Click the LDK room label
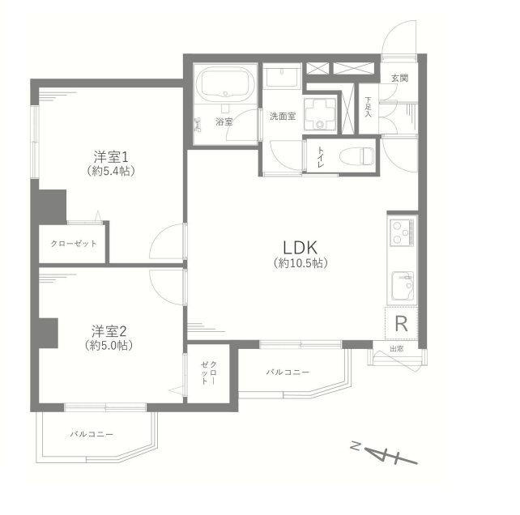coord(300,247)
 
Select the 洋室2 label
coord(109,331)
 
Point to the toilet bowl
coord(356,155)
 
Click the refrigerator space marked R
coord(401,323)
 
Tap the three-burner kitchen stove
coord(402,232)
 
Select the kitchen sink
coord(403,286)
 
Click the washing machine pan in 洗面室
coord(320,114)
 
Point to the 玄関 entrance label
coord(399,79)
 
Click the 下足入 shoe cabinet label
coord(368,107)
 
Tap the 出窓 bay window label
coord(397,349)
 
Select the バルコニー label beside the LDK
coord(288,372)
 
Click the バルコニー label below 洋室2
coord(92,434)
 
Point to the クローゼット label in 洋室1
coord(74,244)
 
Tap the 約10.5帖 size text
coord(300,263)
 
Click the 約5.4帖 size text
coord(111,171)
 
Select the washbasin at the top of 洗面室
coord(282,77)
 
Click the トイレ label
coord(321,156)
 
